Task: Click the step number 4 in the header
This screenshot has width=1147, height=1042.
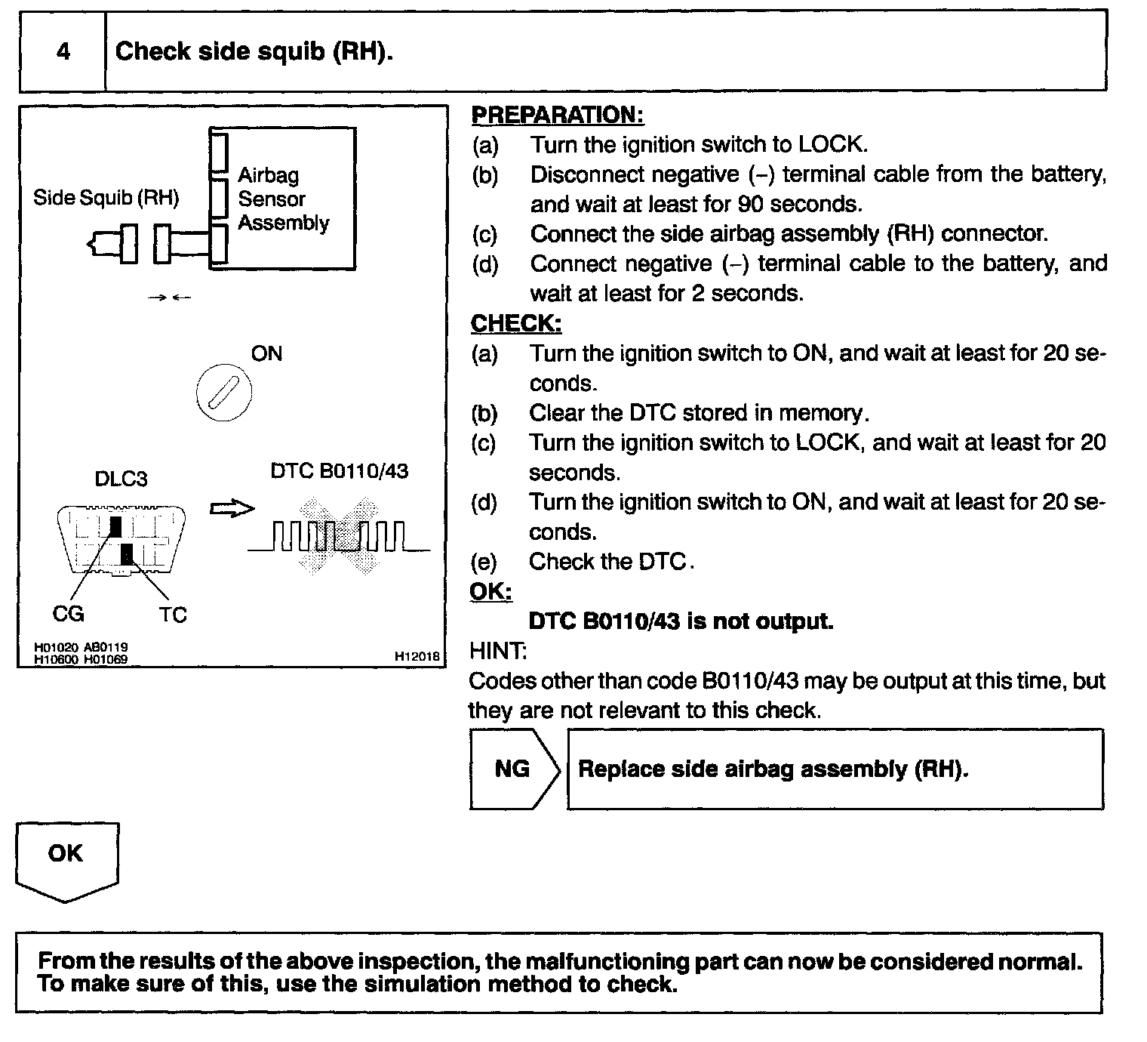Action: click(63, 51)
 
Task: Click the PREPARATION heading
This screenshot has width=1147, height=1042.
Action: click(558, 115)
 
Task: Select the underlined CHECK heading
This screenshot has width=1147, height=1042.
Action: click(516, 323)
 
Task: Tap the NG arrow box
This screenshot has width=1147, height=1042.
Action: click(513, 769)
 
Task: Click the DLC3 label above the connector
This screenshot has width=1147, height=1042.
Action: click(121, 479)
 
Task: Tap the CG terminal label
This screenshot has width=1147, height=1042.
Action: click(68, 614)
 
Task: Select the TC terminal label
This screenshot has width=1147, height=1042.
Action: click(173, 615)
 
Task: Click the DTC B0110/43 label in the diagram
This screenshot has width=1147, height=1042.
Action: click(340, 471)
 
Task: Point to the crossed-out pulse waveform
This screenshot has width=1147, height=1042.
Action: click(339, 537)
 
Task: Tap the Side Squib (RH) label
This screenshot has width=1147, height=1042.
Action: click(106, 198)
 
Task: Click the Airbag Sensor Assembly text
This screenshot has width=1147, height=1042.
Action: click(283, 199)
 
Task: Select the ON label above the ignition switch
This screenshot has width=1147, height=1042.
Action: click(266, 353)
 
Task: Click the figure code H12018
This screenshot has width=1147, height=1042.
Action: click(417, 657)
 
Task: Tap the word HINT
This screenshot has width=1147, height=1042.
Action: click(498, 650)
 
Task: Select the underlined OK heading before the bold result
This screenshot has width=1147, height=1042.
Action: click(490, 591)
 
